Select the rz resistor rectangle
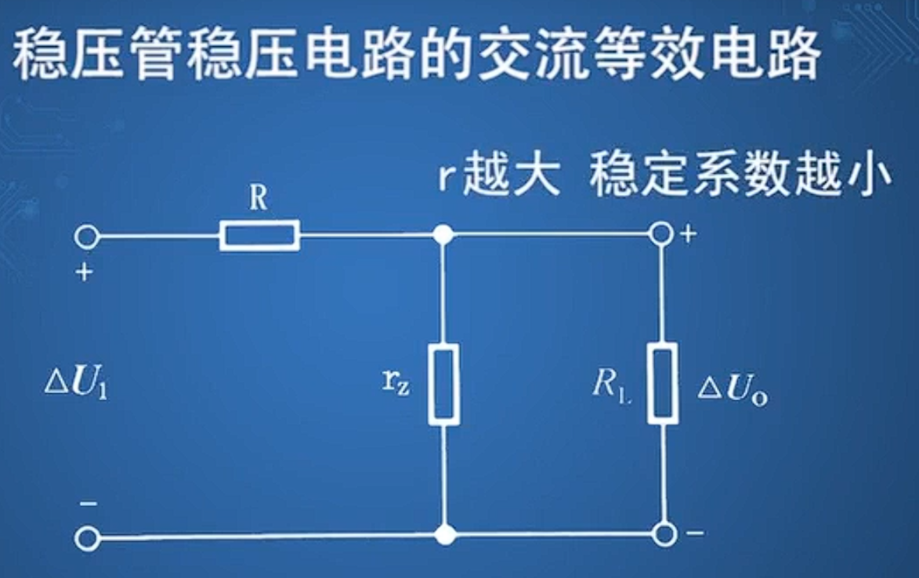click(444, 385)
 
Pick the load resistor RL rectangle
click(664, 385)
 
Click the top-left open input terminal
click(87, 235)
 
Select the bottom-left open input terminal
click(87, 537)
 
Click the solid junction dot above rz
click(444, 234)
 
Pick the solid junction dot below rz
click(445, 536)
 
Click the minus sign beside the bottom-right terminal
click(693, 533)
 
